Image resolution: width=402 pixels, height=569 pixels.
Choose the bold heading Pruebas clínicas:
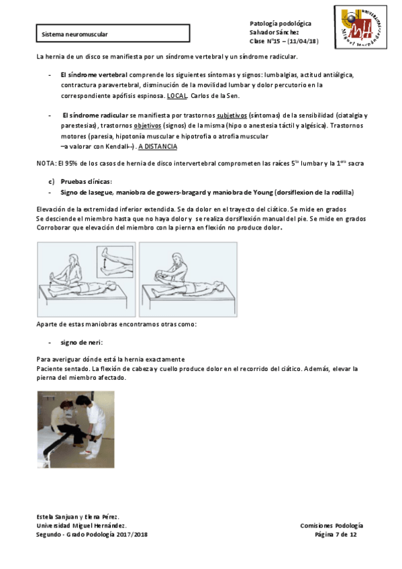tap(87, 181)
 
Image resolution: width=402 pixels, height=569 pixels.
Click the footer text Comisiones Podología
tap(332, 525)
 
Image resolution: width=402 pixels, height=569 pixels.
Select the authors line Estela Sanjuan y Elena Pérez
tap(78, 517)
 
